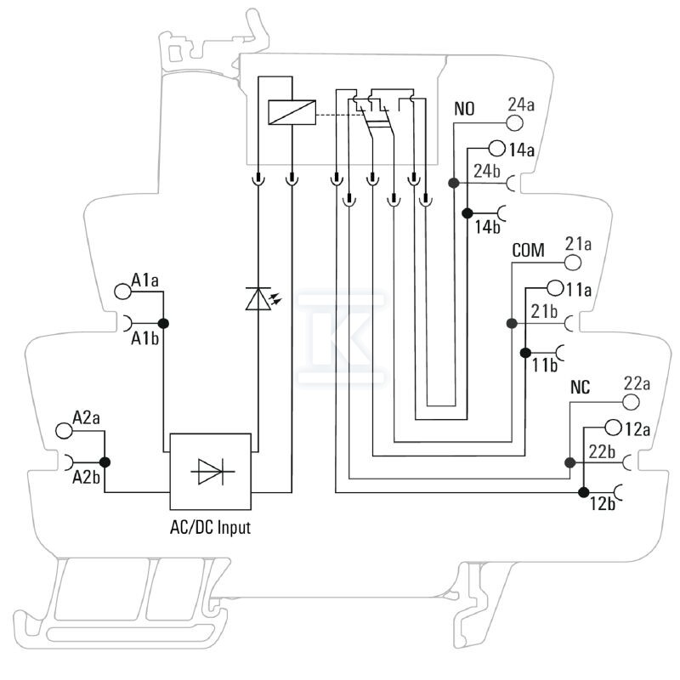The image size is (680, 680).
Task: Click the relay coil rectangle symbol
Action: click(x=292, y=112)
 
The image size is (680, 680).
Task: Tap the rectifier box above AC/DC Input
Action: click(x=210, y=472)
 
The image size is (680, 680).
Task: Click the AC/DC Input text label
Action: click(x=210, y=527)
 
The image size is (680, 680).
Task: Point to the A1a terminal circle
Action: click(x=122, y=292)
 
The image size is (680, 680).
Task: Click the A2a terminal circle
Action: click(x=65, y=431)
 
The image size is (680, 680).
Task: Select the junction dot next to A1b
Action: click(x=163, y=323)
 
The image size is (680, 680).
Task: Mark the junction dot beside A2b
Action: click(x=105, y=462)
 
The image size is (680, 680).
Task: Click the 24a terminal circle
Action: click(x=514, y=123)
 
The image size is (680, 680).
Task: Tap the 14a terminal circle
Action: click(x=497, y=150)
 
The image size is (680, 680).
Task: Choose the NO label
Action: click(x=464, y=109)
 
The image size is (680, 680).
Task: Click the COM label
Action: click(x=528, y=250)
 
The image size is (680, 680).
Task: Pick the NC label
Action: click(x=581, y=388)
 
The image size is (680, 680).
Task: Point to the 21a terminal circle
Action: click(x=572, y=263)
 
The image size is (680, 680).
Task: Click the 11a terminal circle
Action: click(x=555, y=288)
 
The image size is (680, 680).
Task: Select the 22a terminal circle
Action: click(x=631, y=402)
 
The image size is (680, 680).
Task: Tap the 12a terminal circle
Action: click(x=613, y=428)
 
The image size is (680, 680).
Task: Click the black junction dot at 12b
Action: click(x=584, y=492)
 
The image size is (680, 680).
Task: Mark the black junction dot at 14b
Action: click(x=467, y=213)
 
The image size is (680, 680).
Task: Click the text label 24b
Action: click(x=486, y=172)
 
